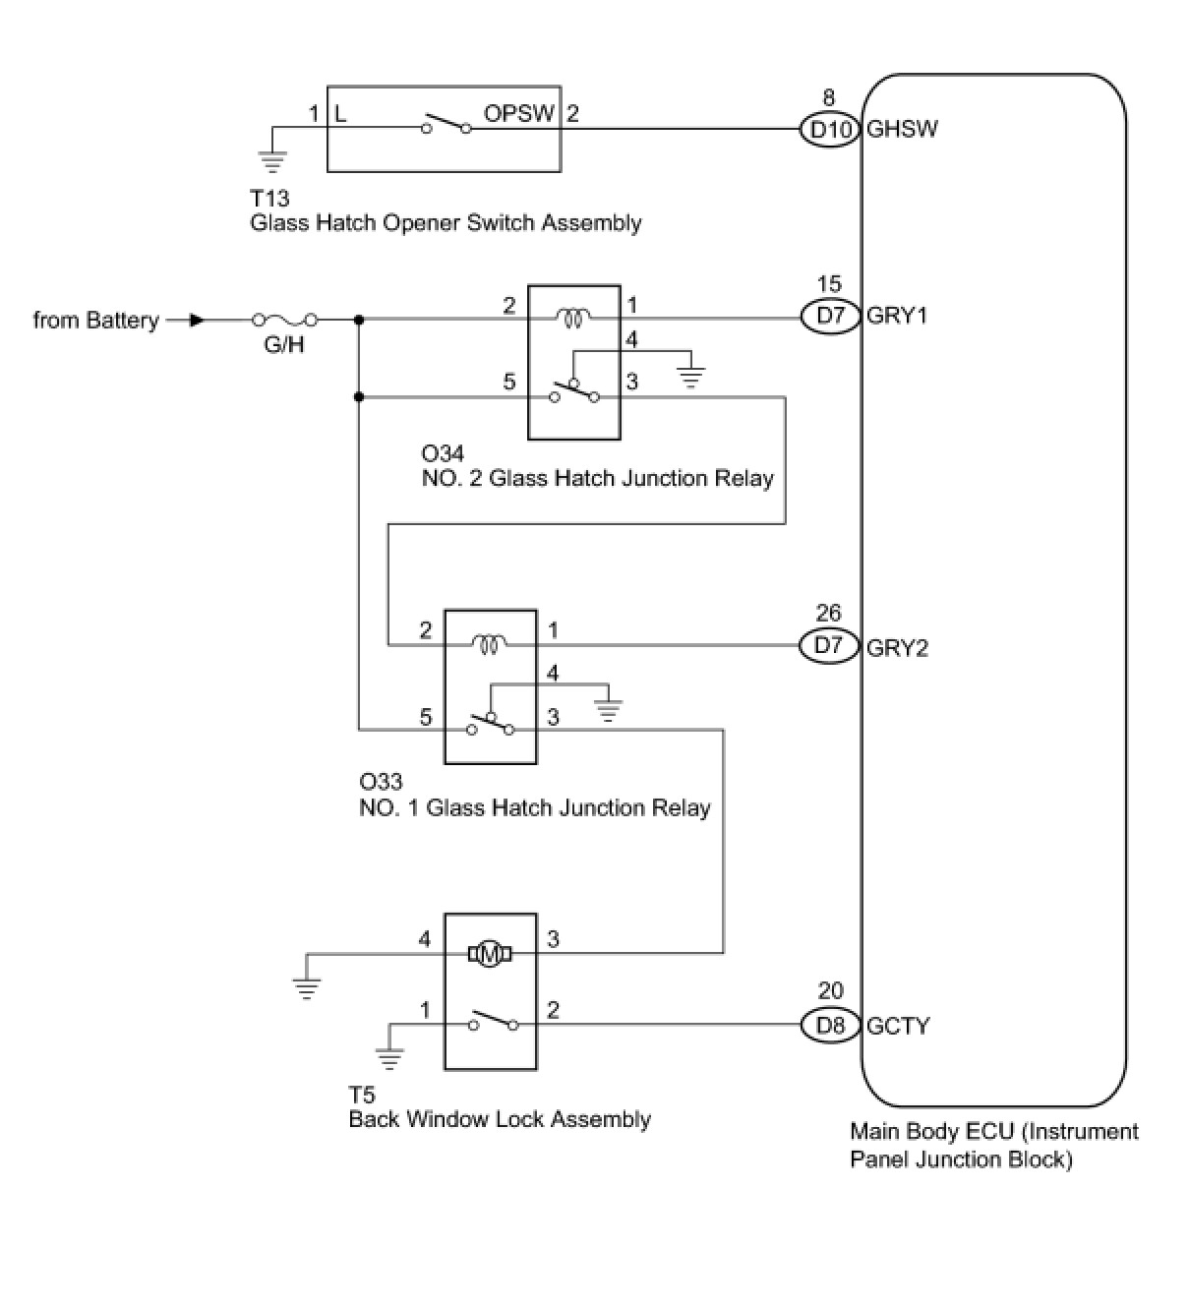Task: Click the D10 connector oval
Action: tap(830, 130)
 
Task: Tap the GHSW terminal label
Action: tap(903, 129)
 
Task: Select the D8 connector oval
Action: tap(830, 1026)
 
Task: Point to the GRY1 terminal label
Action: tap(897, 316)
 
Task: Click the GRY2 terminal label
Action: tap(898, 648)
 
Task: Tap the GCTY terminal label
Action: tap(898, 1026)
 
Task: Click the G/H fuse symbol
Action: tap(285, 320)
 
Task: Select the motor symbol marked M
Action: tap(490, 955)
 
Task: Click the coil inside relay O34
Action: tap(573, 319)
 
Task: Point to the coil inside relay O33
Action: tap(490, 645)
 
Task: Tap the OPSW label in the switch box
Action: tap(518, 113)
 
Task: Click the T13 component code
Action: tap(269, 198)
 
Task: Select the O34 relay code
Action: tap(443, 453)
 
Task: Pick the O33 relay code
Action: tap(381, 781)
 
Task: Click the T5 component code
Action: tap(362, 1096)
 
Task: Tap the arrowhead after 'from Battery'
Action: tap(197, 321)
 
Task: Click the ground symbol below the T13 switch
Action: tap(272, 162)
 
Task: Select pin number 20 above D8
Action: tap(830, 991)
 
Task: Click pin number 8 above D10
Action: tap(828, 97)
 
